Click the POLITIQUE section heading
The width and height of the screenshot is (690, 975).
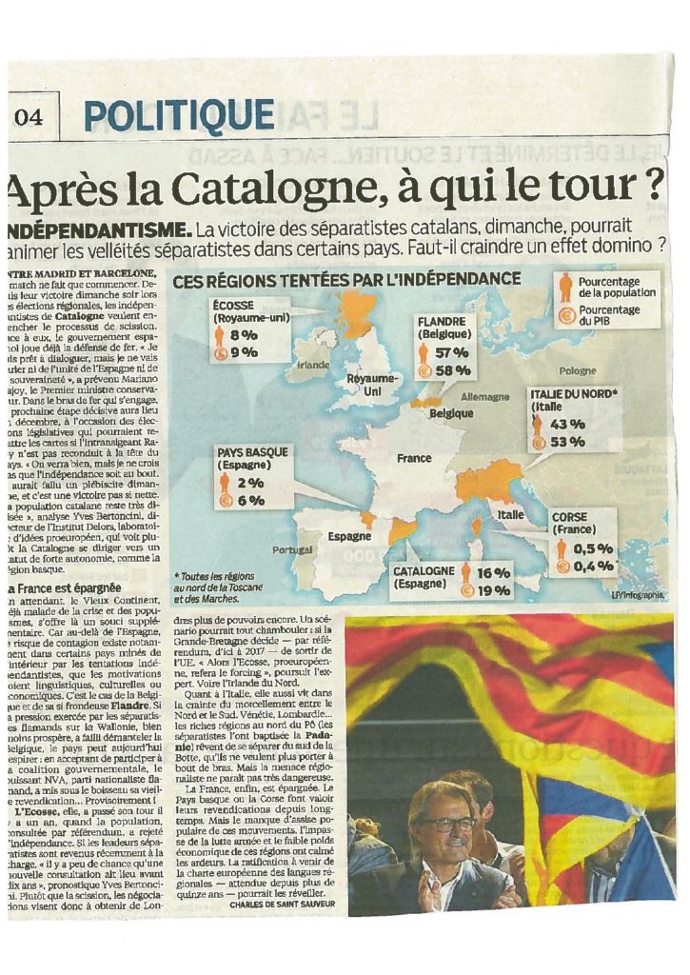[x=178, y=116]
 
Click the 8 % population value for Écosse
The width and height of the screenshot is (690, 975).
[x=244, y=335]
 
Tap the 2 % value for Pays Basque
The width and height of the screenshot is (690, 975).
[x=250, y=483]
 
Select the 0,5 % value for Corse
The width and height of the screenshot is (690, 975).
[x=592, y=547]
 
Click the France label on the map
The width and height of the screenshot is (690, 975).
[x=414, y=458]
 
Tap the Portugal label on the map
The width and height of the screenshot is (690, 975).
[x=292, y=550]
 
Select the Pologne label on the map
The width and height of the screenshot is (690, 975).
[x=578, y=370]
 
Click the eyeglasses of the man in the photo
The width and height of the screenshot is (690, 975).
[x=447, y=824]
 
